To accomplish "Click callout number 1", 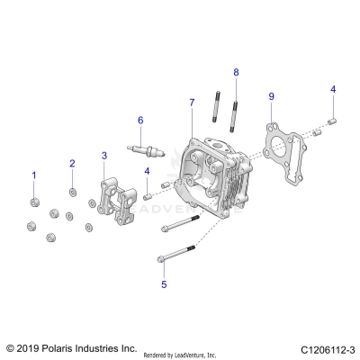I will pyautogui.click(x=34, y=174).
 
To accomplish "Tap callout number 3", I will pyautogui.click(x=104, y=156).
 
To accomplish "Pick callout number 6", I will pyautogui.click(x=140, y=120).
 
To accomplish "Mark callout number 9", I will pyautogui.click(x=271, y=95).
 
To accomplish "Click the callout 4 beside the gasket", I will pyautogui.click(x=332, y=89).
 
